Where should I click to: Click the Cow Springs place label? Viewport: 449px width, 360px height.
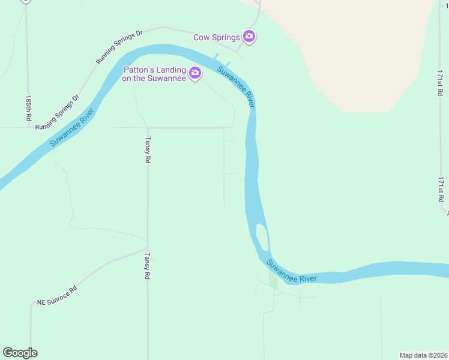[x=216, y=37]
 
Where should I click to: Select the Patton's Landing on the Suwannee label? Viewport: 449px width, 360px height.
[x=154, y=73]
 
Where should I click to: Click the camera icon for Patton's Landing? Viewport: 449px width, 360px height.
[x=194, y=73]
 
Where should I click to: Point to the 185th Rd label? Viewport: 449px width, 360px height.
[x=28, y=108]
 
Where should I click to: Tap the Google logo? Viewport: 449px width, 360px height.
[x=20, y=353]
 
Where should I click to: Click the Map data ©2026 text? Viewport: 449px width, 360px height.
[x=423, y=355]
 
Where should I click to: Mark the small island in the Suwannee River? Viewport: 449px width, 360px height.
[x=262, y=236]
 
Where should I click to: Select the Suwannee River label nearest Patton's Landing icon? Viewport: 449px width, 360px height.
[x=236, y=87]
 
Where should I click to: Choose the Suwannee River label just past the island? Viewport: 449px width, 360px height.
[x=291, y=271]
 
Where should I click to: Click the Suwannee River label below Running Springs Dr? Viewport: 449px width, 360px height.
[x=72, y=128]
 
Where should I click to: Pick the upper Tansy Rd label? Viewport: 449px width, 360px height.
[x=147, y=150]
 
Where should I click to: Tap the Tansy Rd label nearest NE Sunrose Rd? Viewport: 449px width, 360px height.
[x=146, y=265]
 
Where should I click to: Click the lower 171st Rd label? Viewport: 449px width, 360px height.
[x=441, y=189]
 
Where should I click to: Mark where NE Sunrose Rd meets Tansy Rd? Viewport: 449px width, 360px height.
[x=147, y=248]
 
